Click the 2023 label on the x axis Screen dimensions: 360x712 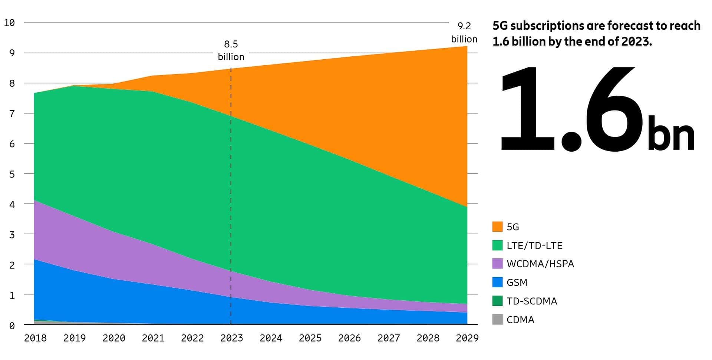point(231,338)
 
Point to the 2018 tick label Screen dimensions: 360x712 point(35,338)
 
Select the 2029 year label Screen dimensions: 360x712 point(467,338)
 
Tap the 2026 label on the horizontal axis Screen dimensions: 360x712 point(349,338)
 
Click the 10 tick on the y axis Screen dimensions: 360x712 point(9,23)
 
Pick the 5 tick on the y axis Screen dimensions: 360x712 point(12,174)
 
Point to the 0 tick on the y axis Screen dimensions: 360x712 point(12,326)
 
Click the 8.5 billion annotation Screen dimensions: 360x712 point(231,50)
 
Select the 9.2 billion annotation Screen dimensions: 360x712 point(464,33)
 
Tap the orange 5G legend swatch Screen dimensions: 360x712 point(497,227)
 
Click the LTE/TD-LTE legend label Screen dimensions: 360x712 point(534,246)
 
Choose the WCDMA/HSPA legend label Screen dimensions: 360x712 point(540,264)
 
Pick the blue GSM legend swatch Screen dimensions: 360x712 point(497,282)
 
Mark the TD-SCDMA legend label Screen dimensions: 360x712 point(532,301)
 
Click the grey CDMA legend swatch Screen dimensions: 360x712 point(497,320)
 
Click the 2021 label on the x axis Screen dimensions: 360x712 point(153,338)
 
